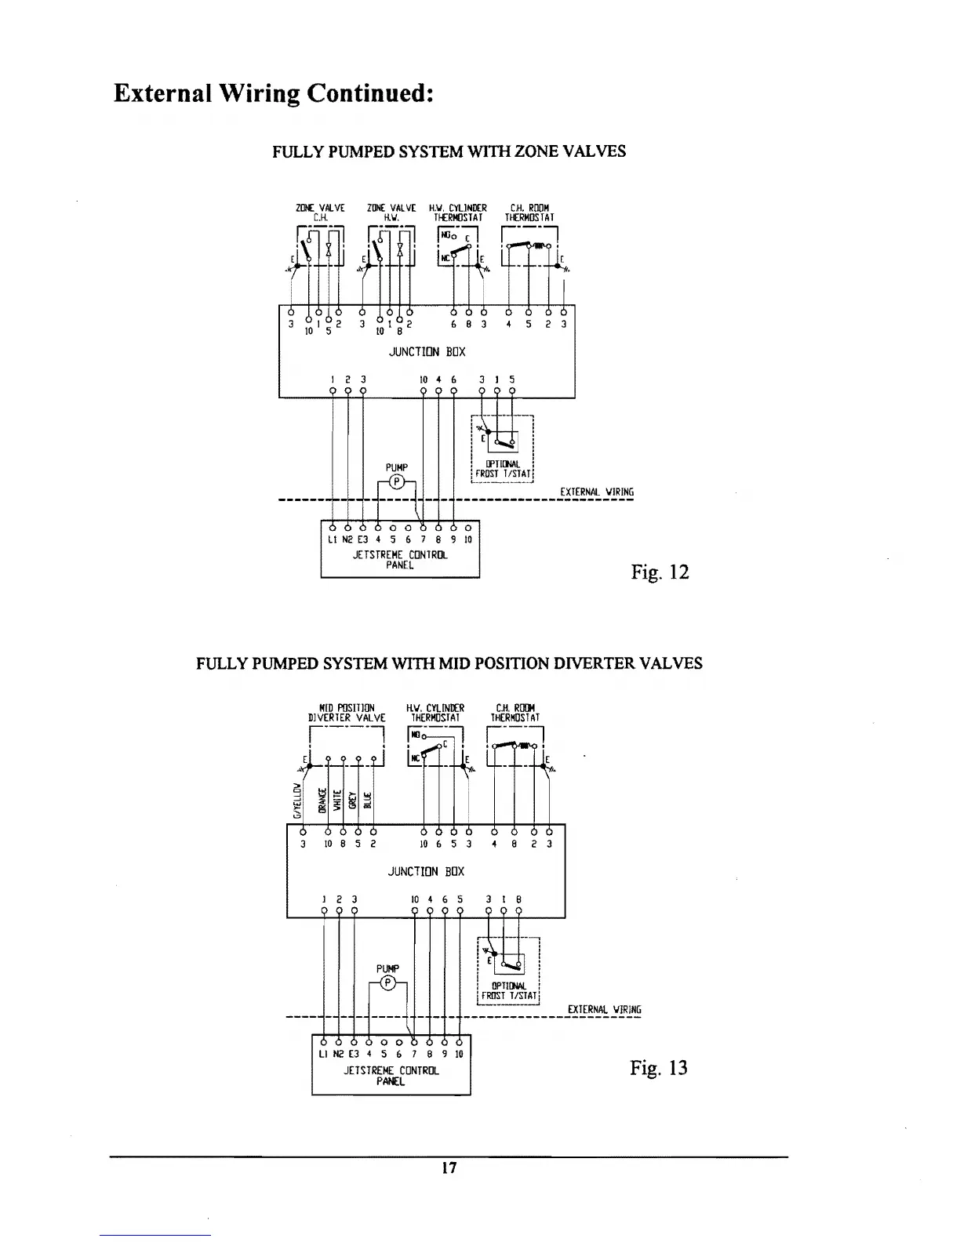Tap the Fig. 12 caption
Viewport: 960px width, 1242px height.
(660, 572)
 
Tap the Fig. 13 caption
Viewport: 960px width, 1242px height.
(659, 1067)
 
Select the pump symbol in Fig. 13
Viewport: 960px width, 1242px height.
(387, 983)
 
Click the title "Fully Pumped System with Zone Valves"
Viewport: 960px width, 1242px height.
(449, 151)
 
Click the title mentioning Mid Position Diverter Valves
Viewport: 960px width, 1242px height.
(449, 663)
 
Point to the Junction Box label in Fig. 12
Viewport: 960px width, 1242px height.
(427, 352)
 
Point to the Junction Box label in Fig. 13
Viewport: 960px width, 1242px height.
(426, 871)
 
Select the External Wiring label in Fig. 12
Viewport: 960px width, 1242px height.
(596, 492)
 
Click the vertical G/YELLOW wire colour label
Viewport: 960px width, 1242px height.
(297, 801)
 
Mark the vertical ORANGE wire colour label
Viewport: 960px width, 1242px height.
(322, 801)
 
